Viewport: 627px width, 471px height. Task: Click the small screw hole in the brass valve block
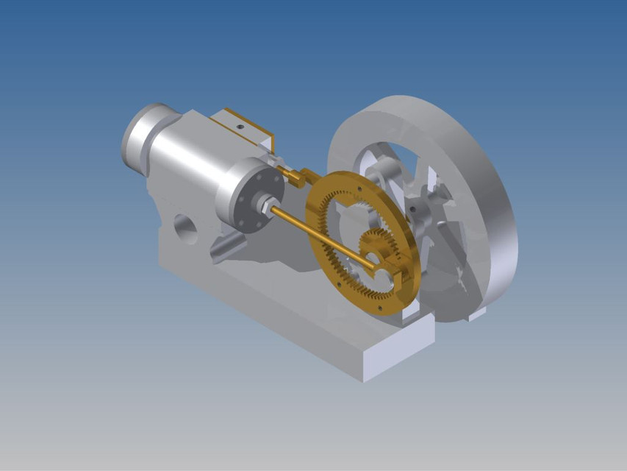pyautogui.click(x=240, y=126)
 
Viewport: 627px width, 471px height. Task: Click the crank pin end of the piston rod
pyautogui.click(x=383, y=266)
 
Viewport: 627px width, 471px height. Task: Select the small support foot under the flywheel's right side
pyautogui.click(x=476, y=314)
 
